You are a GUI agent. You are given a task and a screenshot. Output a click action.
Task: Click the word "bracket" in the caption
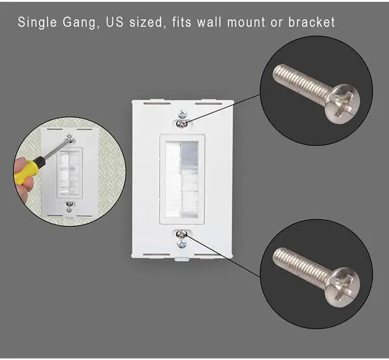311,22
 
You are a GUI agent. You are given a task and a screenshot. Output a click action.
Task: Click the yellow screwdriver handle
26,172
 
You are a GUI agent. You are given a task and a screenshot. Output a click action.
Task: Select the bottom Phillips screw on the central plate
181,234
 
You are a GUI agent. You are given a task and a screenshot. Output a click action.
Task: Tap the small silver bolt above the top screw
182,114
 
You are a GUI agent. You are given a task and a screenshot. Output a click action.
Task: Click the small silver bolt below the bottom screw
181,243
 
